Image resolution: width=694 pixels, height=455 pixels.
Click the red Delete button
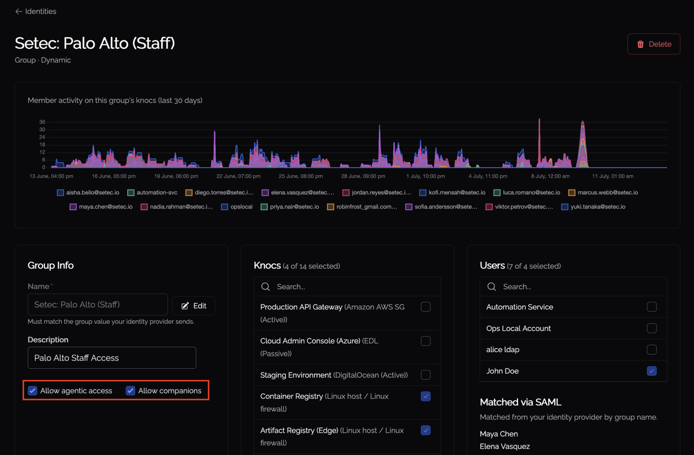point(654,44)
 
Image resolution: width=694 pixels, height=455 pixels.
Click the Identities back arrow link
point(36,12)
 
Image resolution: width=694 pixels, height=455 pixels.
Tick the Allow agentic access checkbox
point(33,391)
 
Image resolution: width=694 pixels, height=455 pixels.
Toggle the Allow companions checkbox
point(131,391)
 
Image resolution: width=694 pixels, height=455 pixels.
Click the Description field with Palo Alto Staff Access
point(112,358)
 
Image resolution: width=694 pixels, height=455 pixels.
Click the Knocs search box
point(347,287)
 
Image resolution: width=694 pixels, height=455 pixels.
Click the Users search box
point(573,287)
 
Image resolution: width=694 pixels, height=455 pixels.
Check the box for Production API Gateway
point(425,307)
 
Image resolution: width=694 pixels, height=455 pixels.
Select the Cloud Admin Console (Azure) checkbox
point(425,341)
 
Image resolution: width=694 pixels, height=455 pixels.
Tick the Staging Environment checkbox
point(425,375)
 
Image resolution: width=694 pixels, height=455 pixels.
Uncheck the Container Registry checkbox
point(425,396)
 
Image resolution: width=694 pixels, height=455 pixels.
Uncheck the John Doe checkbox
point(651,371)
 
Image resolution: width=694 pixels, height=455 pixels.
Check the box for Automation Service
point(651,307)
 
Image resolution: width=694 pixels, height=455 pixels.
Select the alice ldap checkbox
point(651,349)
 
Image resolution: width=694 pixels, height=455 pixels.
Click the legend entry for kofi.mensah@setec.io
point(452,193)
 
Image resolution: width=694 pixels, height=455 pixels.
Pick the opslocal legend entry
point(237,207)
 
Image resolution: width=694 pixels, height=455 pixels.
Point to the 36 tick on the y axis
point(42,122)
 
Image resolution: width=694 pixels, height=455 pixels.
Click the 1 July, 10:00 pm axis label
point(425,176)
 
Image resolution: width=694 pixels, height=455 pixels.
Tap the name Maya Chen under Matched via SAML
point(499,434)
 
